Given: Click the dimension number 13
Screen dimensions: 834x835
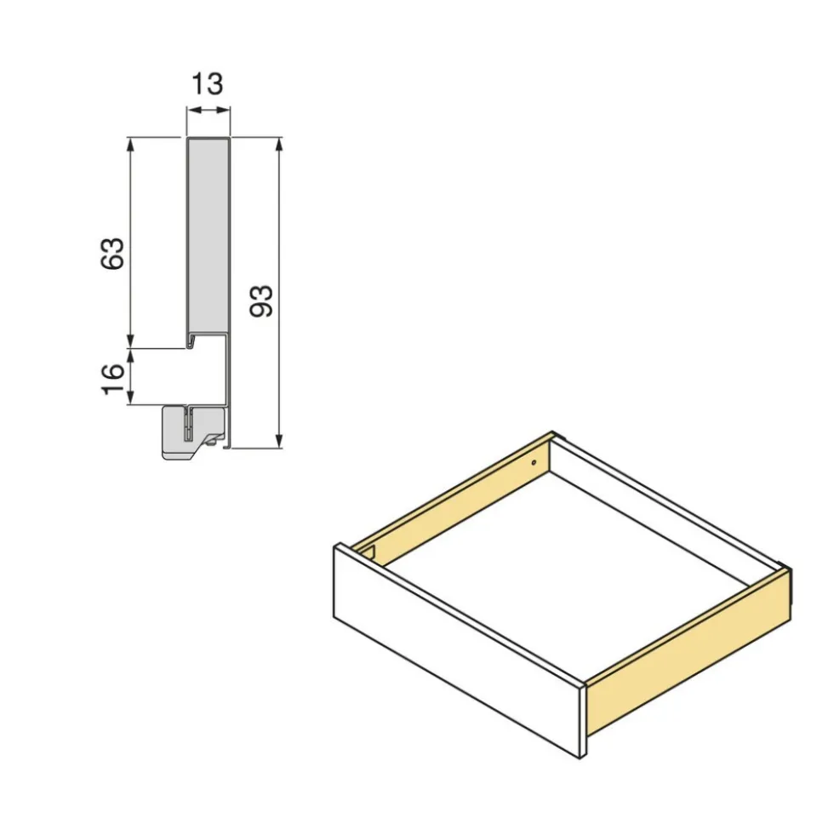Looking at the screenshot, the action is coord(207,84).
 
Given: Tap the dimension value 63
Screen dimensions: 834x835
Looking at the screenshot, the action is coord(112,253).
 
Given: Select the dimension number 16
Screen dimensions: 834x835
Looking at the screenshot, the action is coord(112,379).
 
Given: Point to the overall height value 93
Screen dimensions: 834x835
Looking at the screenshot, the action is coord(261,301).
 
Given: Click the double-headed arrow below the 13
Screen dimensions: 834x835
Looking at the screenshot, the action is coord(208,111).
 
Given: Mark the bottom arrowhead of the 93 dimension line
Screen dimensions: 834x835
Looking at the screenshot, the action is coord(278,440).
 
